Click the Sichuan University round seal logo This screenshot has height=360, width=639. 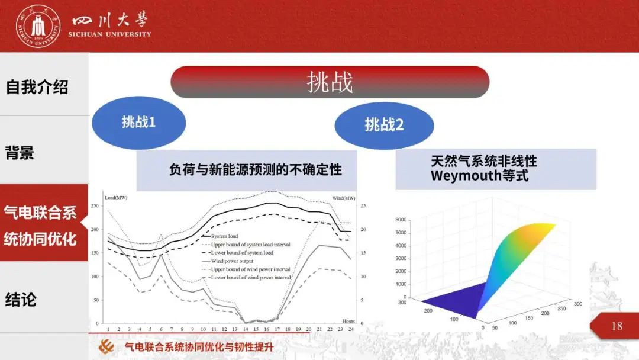[x=38, y=26]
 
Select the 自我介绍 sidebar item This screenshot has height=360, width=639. [x=37, y=87]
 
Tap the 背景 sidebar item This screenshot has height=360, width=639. [x=20, y=153]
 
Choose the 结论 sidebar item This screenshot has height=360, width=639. [x=21, y=300]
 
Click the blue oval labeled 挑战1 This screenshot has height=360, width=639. [x=139, y=123]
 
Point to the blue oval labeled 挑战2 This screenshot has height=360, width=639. [x=385, y=125]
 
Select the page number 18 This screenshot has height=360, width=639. [x=617, y=326]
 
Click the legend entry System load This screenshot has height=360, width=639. [x=225, y=236]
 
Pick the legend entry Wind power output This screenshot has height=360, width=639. [x=232, y=261]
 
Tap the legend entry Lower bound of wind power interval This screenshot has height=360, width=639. [x=251, y=277]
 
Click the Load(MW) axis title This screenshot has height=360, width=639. [x=116, y=198]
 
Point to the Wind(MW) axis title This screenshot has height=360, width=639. [x=344, y=198]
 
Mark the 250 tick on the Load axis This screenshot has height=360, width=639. [x=95, y=206]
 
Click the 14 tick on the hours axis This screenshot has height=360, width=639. [x=246, y=329]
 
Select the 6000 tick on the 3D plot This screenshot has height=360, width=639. [x=401, y=220]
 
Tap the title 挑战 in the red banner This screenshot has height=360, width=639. [x=330, y=82]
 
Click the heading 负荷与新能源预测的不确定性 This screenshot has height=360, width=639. [x=256, y=169]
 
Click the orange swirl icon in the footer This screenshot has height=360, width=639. [x=106, y=346]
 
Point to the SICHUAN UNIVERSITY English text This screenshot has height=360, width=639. [x=109, y=34]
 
